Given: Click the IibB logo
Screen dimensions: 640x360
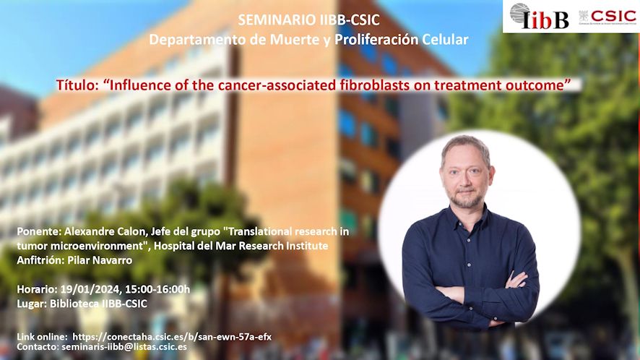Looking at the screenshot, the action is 539,17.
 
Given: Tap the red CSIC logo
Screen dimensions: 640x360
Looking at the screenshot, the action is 607,17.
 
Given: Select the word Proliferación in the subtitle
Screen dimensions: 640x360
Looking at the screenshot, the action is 376,40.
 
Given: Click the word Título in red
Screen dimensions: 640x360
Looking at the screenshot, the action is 77,85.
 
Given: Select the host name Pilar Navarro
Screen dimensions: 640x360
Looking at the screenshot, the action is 99,260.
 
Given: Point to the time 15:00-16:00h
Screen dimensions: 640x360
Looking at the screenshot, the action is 157,289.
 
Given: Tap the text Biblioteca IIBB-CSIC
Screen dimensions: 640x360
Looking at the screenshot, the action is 98,304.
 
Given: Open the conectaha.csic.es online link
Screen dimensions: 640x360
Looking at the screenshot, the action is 172,337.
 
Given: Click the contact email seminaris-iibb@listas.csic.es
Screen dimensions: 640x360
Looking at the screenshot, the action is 124,347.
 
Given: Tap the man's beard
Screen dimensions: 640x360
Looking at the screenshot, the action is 465,199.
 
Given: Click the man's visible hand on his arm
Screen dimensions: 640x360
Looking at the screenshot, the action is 516,280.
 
